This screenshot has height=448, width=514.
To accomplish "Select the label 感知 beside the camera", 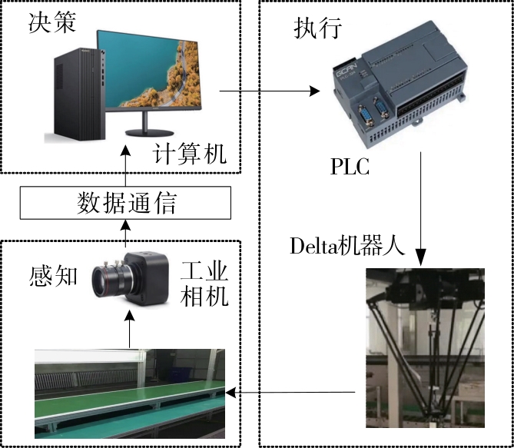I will click(54, 274).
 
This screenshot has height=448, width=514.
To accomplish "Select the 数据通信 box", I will click(127, 203).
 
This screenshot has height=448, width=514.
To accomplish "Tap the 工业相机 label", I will click(204, 284).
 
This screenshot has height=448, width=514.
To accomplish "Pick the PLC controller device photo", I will click(397, 89).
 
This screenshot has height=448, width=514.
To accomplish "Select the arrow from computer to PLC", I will click(269, 91).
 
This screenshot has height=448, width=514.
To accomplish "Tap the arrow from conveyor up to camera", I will click(129, 330).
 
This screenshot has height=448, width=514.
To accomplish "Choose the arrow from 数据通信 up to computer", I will click(127, 170).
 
